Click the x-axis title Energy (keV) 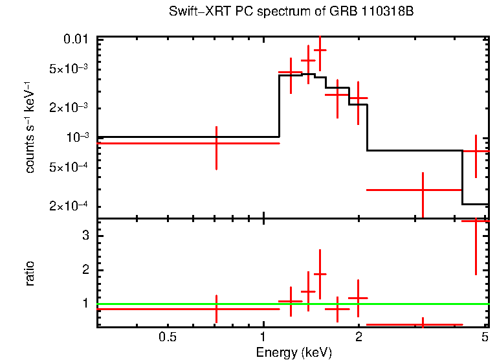tap(294, 352)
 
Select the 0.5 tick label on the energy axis tap(168, 337)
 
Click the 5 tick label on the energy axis tap(485, 337)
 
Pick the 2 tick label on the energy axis tap(359, 337)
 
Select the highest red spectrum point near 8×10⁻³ tap(320, 50)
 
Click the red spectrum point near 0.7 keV tap(216, 142)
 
